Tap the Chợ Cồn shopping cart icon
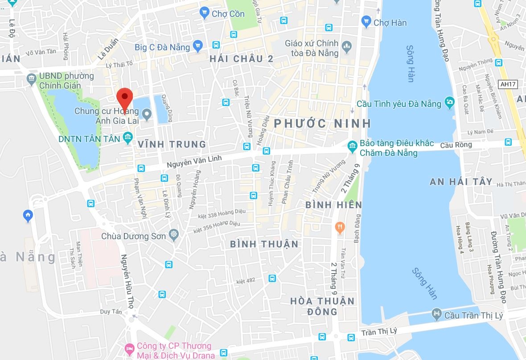coord(204,13)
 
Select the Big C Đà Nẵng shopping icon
coord(198,46)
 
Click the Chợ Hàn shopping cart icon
coord(366,21)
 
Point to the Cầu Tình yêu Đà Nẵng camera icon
coord(449,103)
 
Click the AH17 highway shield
coord(508,83)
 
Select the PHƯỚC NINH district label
coord(322,123)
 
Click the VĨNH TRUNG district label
coord(172,144)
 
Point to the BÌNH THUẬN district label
coord(264,244)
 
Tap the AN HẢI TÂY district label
coord(461,181)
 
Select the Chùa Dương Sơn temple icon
coord(174,235)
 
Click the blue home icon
coord(28,216)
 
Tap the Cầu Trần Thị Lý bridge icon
coord(436,315)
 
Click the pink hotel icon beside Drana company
coord(129,347)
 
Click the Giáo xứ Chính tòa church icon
coord(346,45)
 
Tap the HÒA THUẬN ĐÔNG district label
coord(322,306)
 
